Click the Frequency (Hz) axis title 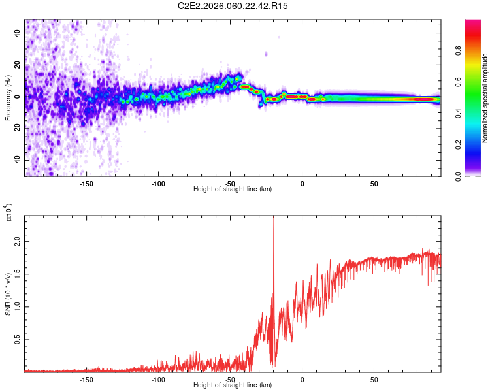click(x=8, y=97)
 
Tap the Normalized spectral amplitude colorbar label click(x=485, y=98)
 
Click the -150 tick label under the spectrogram click(x=86, y=184)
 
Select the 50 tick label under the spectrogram click(x=374, y=184)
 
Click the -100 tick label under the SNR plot click(x=158, y=380)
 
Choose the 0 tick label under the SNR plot click(x=302, y=380)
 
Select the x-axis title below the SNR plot click(x=233, y=385)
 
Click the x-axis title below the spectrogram click(x=233, y=189)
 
